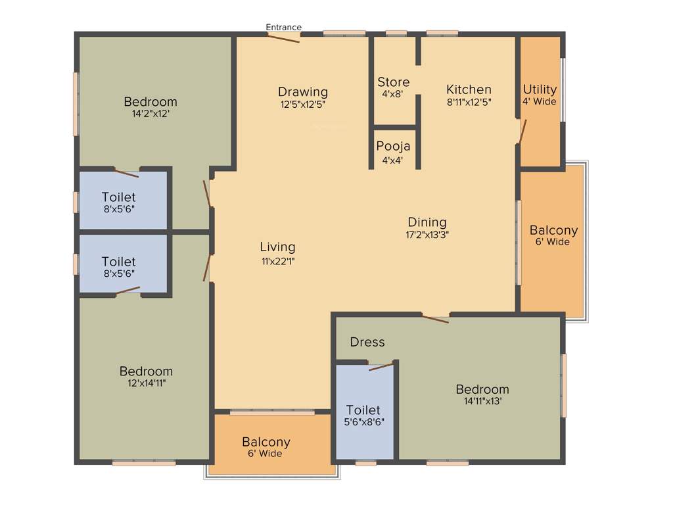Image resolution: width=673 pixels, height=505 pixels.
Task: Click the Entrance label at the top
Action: point(283,27)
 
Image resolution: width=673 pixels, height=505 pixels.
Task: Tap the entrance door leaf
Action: point(283,37)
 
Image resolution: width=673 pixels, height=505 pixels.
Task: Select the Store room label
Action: point(393,82)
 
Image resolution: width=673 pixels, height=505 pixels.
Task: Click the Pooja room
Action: point(393,147)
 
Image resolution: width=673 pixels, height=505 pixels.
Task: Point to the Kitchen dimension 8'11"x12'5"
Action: point(469,102)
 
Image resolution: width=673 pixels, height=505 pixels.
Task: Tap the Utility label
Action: point(540,89)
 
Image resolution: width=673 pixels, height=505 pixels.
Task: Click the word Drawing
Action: point(302,91)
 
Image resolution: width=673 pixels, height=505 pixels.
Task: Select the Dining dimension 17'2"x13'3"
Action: point(427,234)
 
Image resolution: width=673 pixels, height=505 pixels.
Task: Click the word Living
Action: point(277,247)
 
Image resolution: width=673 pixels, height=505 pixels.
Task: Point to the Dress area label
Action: point(367,342)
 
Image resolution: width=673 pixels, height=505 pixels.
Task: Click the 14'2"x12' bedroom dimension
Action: point(151,113)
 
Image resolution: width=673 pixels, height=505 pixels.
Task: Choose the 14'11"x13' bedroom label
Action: point(482,389)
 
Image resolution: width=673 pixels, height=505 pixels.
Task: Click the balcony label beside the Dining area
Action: point(553,231)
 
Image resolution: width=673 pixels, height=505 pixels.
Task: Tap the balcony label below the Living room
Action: point(266,442)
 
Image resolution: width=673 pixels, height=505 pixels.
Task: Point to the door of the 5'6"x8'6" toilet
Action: point(383,366)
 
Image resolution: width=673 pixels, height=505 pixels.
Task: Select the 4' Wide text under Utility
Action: point(540,102)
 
